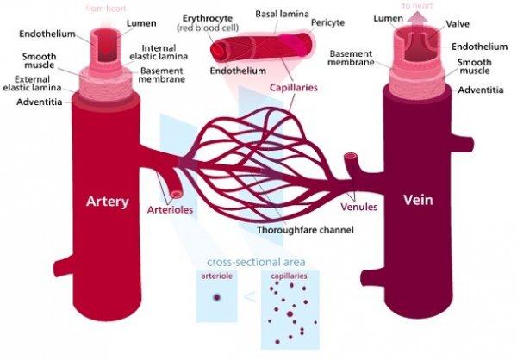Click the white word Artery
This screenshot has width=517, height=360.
pyautogui.click(x=107, y=202)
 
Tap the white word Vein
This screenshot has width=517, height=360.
pyautogui.click(x=418, y=200)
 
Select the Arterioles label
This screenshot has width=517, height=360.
pyautogui.click(x=170, y=209)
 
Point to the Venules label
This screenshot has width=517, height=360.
pyautogui.click(x=359, y=207)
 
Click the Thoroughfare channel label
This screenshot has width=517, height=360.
pyautogui.click(x=305, y=229)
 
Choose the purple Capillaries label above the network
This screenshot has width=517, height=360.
pyautogui.click(x=294, y=87)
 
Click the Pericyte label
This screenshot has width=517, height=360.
pyautogui.click(x=327, y=22)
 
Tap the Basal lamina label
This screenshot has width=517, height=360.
pyautogui.click(x=282, y=14)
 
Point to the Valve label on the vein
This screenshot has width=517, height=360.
pyautogui.click(x=458, y=24)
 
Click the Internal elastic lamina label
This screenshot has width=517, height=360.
pyautogui.click(x=159, y=52)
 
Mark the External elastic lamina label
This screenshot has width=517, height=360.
pyautogui.click(x=33, y=84)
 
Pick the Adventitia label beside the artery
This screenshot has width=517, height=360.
pyautogui.click(x=40, y=102)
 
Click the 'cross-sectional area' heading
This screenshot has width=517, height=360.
pyautogui.click(x=256, y=263)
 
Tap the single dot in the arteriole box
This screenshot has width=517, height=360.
pyautogui.click(x=216, y=297)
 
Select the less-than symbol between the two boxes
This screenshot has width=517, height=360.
pyautogui.click(x=250, y=297)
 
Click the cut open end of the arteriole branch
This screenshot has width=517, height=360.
pyautogui.click(x=177, y=194)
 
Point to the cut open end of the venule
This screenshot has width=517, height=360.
pyautogui.click(x=350, y=156)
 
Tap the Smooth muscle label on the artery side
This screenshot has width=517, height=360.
pyautogui.click(x=40, y=60)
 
